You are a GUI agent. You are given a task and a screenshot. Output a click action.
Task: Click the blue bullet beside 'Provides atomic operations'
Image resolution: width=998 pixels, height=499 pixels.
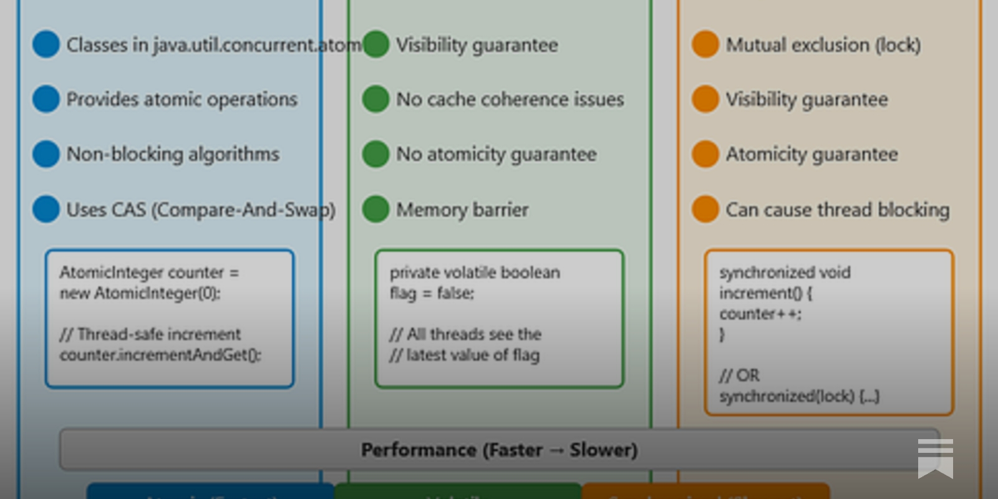coord(46,99)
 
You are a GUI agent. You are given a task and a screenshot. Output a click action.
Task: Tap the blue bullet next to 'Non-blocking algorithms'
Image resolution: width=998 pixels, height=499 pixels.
coord(46,154)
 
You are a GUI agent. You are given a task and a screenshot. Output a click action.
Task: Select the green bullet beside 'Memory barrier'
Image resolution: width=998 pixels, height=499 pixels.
coord(375,210)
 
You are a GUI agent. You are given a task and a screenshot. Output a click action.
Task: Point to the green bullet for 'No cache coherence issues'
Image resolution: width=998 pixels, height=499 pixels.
coord(375,99)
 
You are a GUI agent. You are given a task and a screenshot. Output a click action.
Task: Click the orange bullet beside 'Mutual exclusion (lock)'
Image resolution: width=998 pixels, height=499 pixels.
coord(705,45)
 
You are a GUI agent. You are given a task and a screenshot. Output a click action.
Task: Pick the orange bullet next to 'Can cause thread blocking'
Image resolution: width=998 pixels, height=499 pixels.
coord(705,210)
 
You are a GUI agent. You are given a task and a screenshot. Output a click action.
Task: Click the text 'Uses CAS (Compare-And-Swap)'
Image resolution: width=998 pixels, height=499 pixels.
coord(201,210)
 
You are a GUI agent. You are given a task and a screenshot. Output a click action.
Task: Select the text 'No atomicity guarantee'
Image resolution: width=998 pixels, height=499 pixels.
coord(497,155)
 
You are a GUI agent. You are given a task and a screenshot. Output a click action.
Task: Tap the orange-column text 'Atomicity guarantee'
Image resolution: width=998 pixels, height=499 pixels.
coord(811,155)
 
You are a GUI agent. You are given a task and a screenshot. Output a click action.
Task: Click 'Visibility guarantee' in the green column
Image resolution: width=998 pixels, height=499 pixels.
coord(477,46)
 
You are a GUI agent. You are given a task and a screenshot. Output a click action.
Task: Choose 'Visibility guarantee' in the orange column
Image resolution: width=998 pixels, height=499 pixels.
coord(807,100)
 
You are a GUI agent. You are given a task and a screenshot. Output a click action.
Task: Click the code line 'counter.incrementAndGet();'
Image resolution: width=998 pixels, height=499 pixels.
coord(160,355)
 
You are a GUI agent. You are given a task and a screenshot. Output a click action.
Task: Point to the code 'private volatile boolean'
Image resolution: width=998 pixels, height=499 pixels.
coord(475,273)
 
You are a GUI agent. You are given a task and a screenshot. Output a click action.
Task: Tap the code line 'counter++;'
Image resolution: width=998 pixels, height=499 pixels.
coord(760,314)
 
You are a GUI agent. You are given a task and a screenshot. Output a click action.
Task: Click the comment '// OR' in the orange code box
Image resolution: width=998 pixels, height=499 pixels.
coord(740,375)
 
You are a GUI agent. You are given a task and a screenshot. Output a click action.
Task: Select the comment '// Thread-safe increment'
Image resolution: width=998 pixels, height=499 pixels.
coord(150,334)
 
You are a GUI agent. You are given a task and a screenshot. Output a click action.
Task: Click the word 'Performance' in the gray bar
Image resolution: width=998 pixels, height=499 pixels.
coord(419,450)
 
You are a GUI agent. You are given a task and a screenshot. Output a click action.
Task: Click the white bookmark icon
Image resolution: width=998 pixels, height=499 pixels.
coord(935,458)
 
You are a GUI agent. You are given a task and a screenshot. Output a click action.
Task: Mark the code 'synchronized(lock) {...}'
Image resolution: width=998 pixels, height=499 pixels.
coord(799,396)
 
